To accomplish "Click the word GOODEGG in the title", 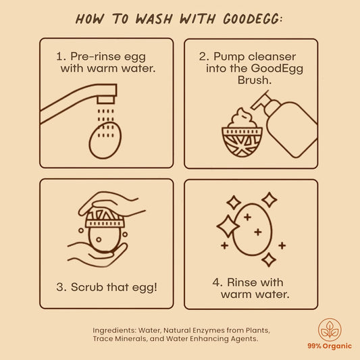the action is click(251, 19).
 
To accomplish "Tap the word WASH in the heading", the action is click(154, 19).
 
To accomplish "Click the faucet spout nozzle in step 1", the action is click(105, 100).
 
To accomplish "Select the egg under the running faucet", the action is click(105, 140).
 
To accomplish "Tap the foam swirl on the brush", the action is click(242, 118).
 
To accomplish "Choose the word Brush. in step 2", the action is click(255, 80).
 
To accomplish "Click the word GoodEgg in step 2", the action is click(277, 69).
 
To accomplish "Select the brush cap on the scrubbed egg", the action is click(105, 217).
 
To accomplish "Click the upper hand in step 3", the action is click(112, 204).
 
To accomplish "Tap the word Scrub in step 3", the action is click(87, 287).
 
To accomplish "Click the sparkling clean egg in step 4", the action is click(253, 229).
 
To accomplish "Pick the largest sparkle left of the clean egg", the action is click(228, 226).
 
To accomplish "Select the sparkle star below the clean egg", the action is click(269, 259).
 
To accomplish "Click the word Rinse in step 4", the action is click(244, 282).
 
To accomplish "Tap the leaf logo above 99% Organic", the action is click(330, 330).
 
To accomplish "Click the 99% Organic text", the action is click(330, 346).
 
